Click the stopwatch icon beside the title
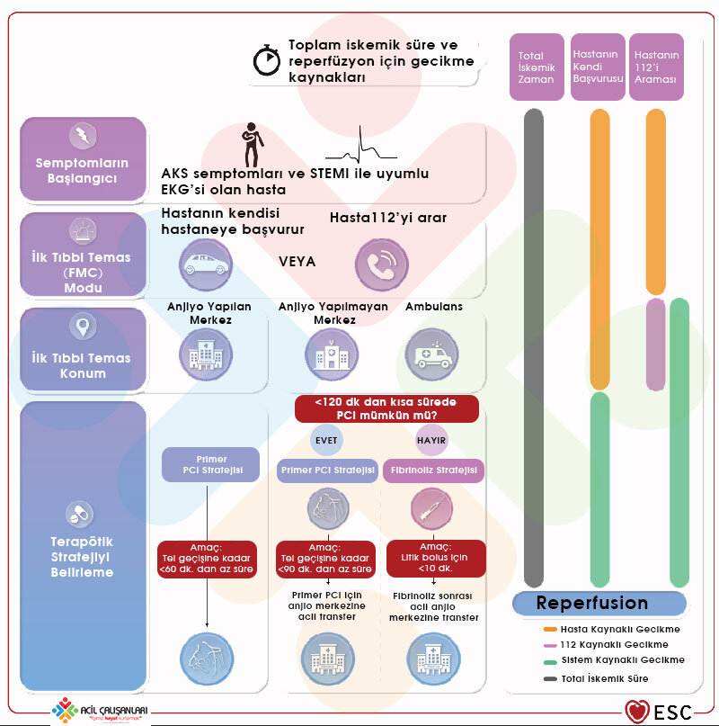(x=268, y=60)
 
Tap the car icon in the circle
(x=202, y=262)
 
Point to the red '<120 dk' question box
(x=386, y=409)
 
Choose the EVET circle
(x=326, y=441)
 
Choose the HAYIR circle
(x=431, y=441)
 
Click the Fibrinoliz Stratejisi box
(x=433, y=471)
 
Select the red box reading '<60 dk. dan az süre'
(x=208, y=558)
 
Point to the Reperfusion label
(x=592, y=603)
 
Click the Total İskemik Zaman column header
(x=537, y=67)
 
